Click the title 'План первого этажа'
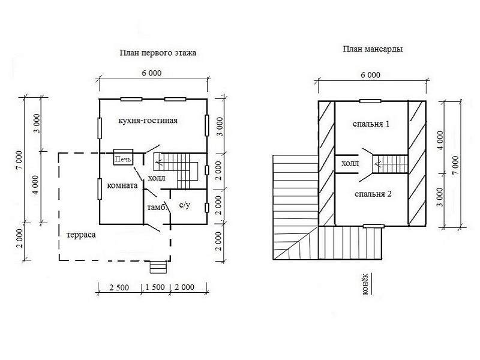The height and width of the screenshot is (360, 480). (158, 53)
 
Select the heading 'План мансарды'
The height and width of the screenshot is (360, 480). (373, 49)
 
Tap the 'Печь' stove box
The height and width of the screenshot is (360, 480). (123, 157)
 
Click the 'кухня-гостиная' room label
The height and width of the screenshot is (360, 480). (148, 121)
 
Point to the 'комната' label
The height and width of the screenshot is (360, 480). (122, 185)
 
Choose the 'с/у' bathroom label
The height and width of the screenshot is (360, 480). (184, 205)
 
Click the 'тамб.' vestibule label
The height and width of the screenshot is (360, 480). (157, 207)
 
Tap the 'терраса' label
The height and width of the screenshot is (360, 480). (81, 235)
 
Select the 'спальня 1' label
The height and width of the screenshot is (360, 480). (371, 124)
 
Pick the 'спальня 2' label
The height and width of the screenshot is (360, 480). (373, 194)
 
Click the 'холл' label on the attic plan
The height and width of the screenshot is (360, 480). (350, 163)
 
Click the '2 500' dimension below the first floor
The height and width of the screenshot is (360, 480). (119, 287)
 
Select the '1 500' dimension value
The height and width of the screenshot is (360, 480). (155, 287)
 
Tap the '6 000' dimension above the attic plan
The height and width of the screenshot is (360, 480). (370, 75)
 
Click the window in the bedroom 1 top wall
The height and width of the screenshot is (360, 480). (370, 101)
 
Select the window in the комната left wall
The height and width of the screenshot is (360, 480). (100, 189)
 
